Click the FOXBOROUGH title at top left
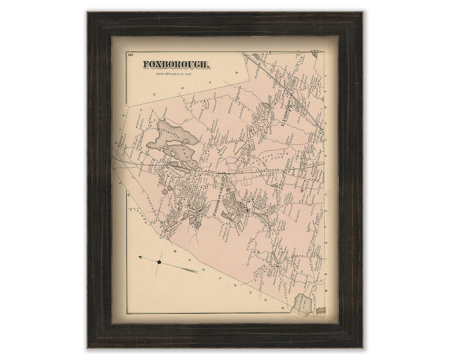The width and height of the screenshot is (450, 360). point(177,65)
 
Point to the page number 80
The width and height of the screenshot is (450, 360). point(130,55)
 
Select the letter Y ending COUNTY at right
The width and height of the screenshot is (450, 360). point(326,77)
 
